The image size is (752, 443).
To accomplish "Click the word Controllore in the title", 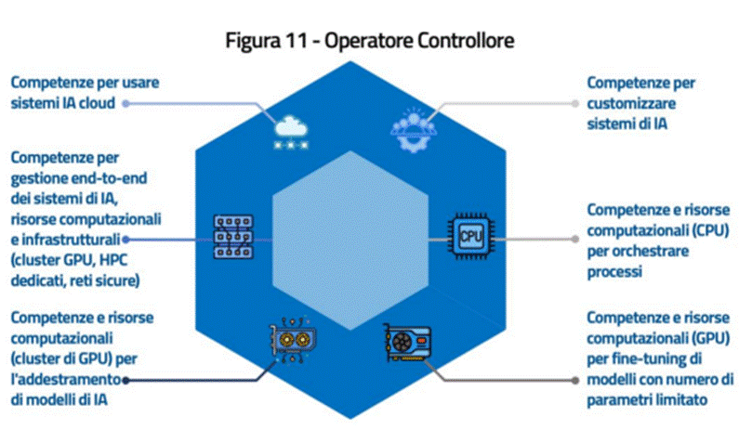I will point(459,41).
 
